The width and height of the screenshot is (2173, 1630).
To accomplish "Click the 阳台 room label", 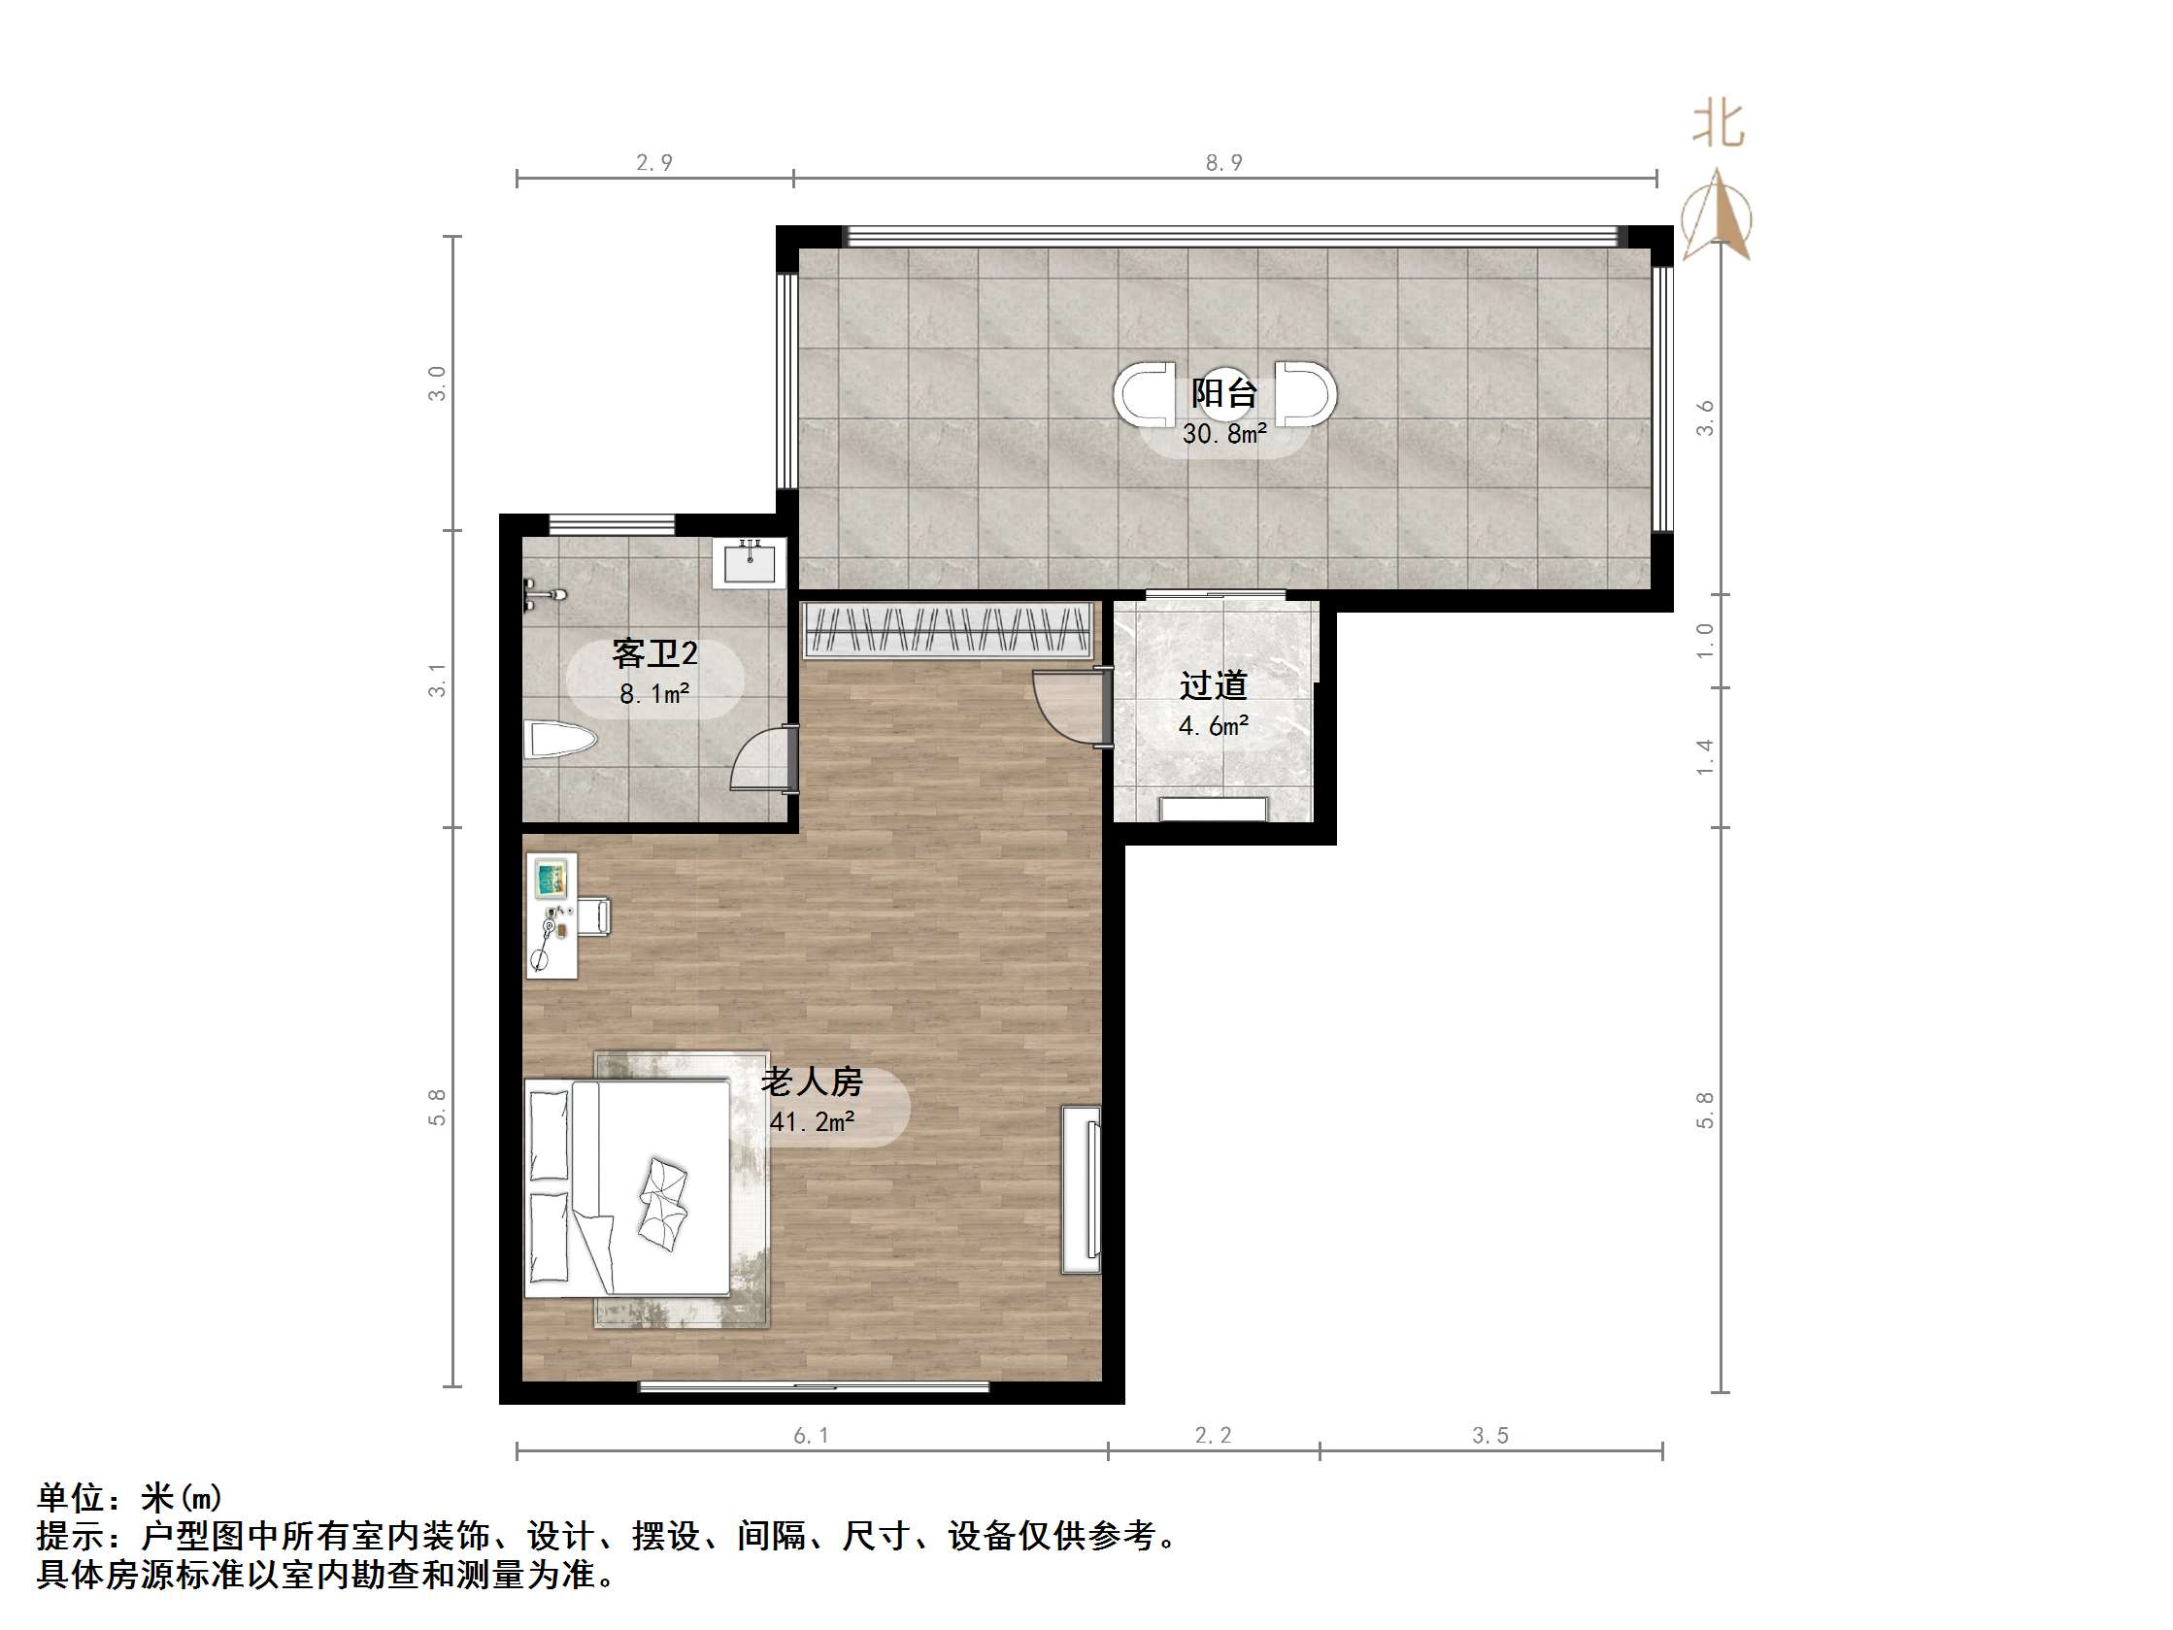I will pos(1223,394).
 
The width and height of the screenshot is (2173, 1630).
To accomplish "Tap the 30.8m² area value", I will pos(1224,433).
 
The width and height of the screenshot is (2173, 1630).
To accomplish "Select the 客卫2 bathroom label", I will pos(654,653).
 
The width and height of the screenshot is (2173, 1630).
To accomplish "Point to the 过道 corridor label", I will pos(1214,684).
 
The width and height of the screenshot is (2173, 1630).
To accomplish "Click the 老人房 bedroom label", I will pos(812,1081).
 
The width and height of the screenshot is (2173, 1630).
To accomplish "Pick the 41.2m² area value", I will pos(812,1121).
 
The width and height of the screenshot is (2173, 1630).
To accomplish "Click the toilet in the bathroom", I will pos(559,740).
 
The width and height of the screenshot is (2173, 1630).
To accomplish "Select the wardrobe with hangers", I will pos(947,630).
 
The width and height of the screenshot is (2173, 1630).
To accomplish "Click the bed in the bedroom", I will pos(629,1187).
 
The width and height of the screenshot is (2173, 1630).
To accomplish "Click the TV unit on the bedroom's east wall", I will pos(1081,1190).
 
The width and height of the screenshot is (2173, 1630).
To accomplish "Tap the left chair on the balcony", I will pos(1144,393).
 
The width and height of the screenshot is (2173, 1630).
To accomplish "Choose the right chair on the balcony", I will pos(1306,393).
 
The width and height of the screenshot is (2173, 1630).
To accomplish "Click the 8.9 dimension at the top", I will pos(1224,163).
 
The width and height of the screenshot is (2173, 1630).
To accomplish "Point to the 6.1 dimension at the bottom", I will pos(812,1436).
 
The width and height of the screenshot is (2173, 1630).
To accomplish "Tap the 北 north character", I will pos(1719,126).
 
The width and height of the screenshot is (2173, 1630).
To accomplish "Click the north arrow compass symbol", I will pos(1717,216).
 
